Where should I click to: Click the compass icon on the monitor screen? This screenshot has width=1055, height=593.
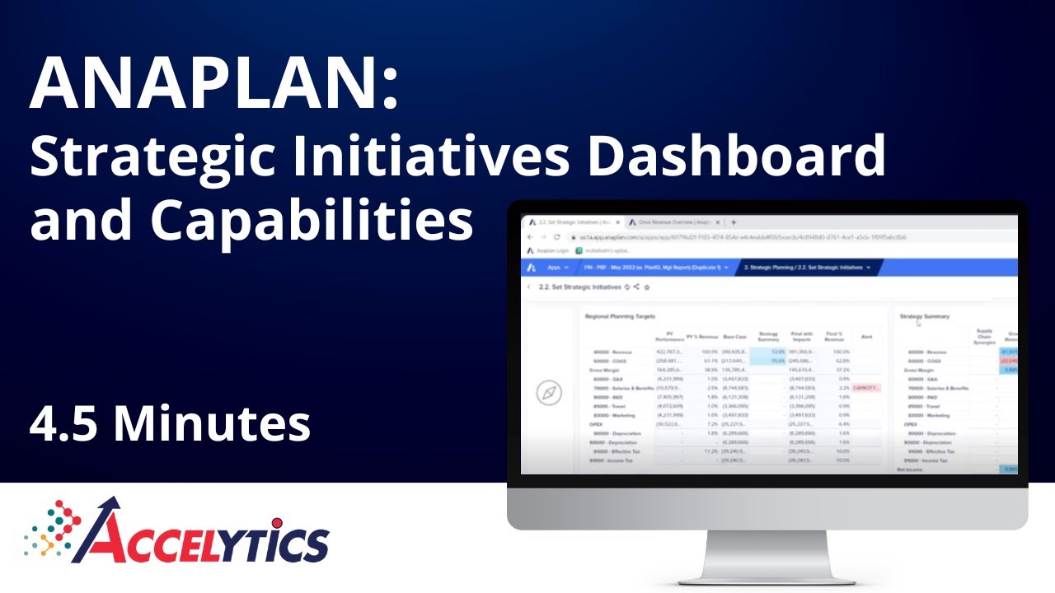coord(549,393)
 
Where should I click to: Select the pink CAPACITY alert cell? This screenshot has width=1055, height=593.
coord(867,387)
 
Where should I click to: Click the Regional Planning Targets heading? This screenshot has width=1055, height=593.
coord(620,316)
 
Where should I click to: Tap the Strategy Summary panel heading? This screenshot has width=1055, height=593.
coord(924,316)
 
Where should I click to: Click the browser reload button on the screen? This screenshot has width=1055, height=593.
coord(556,236)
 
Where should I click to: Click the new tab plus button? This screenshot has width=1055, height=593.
coord(734,222)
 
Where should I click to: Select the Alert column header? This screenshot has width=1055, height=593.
coord(866,337)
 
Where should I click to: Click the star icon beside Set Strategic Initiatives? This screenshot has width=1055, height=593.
coord(647,287)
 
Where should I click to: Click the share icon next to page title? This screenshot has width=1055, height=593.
coord(637,287)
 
